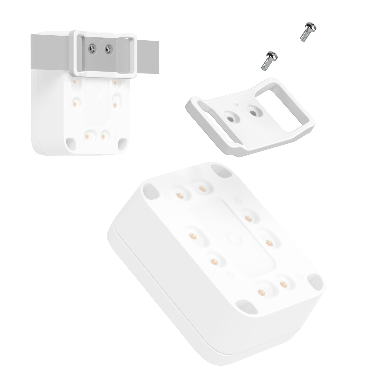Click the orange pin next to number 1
point(179,195)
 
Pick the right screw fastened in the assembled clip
point(108,49)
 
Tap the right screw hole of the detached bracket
point(253,112)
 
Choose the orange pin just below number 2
point(248,217)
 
